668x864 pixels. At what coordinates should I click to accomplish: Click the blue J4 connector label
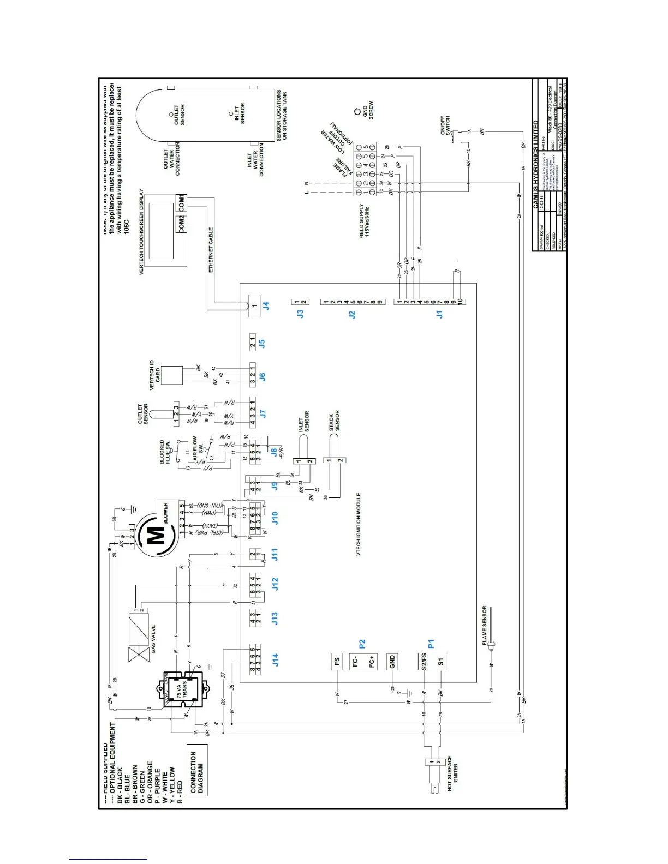(x=266, y=307)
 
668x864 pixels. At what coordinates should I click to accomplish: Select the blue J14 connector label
(x=275, y=661)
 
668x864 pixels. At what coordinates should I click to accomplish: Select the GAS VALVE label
(x=153, y=639)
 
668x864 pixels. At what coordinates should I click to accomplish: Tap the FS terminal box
(x=337, y=662)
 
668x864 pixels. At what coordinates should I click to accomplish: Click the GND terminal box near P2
(x=392, y=662)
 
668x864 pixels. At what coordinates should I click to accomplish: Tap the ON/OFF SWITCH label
(x=445, y=125)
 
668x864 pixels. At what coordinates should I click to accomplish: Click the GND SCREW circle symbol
(x=357, y=111)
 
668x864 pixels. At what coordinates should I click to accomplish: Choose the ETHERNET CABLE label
(x=211, y=250)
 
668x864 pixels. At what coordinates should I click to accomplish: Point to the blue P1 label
(x=431, y=644)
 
